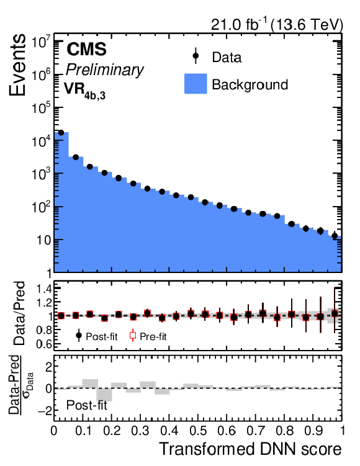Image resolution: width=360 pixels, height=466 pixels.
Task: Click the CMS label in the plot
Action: click(86, 49)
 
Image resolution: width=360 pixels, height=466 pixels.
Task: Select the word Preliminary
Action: click(105, 70)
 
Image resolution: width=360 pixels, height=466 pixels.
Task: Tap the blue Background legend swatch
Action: click(196, 84)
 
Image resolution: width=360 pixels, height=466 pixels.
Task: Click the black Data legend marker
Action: click(196, 56)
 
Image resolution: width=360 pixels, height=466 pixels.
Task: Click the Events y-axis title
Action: click(17, 65)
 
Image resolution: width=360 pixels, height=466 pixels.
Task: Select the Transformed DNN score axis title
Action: click(251, 449)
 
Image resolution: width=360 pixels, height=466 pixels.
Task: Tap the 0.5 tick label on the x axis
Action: click(197, 431)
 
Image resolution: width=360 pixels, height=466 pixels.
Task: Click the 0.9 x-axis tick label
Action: click(313, 431)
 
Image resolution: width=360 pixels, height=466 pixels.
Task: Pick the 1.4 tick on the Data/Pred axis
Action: click(43, 289)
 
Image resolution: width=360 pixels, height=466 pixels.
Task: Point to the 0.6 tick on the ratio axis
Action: click(43, 344)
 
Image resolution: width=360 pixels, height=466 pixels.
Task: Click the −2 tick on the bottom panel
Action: click(43, 410)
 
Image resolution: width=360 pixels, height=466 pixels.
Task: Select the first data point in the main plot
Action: click(61, 133)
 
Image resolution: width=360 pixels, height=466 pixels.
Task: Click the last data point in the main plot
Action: click(335, 236)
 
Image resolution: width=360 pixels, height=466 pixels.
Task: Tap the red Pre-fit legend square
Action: click(133, 336)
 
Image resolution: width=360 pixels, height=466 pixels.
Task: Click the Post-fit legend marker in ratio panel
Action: click(79, 336)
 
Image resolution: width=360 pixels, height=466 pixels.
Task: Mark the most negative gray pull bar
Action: click(104, 395)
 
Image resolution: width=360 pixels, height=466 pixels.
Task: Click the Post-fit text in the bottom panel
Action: click(86, 405)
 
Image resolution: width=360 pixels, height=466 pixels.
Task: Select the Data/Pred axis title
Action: click(20, 313)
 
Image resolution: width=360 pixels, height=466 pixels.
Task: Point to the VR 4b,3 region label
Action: click(84, 91)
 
